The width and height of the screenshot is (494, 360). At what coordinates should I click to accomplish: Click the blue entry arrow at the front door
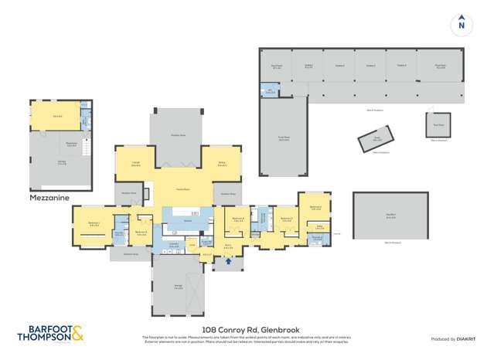[227, 261]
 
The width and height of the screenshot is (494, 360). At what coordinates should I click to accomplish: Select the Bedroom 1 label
[94, 224]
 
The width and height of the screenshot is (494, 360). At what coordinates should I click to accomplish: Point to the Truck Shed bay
[284, 140]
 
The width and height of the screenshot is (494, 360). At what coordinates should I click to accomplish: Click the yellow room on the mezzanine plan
[57, 116]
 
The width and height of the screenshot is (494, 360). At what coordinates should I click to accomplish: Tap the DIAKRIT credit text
[464, 339]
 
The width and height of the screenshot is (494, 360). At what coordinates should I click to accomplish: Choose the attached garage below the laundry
[179, 287]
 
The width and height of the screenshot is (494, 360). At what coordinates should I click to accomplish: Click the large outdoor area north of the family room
[179, 135]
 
